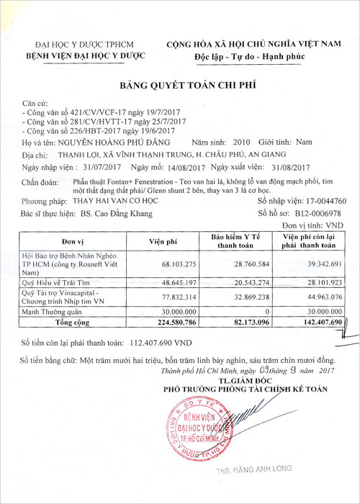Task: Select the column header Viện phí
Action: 163,240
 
